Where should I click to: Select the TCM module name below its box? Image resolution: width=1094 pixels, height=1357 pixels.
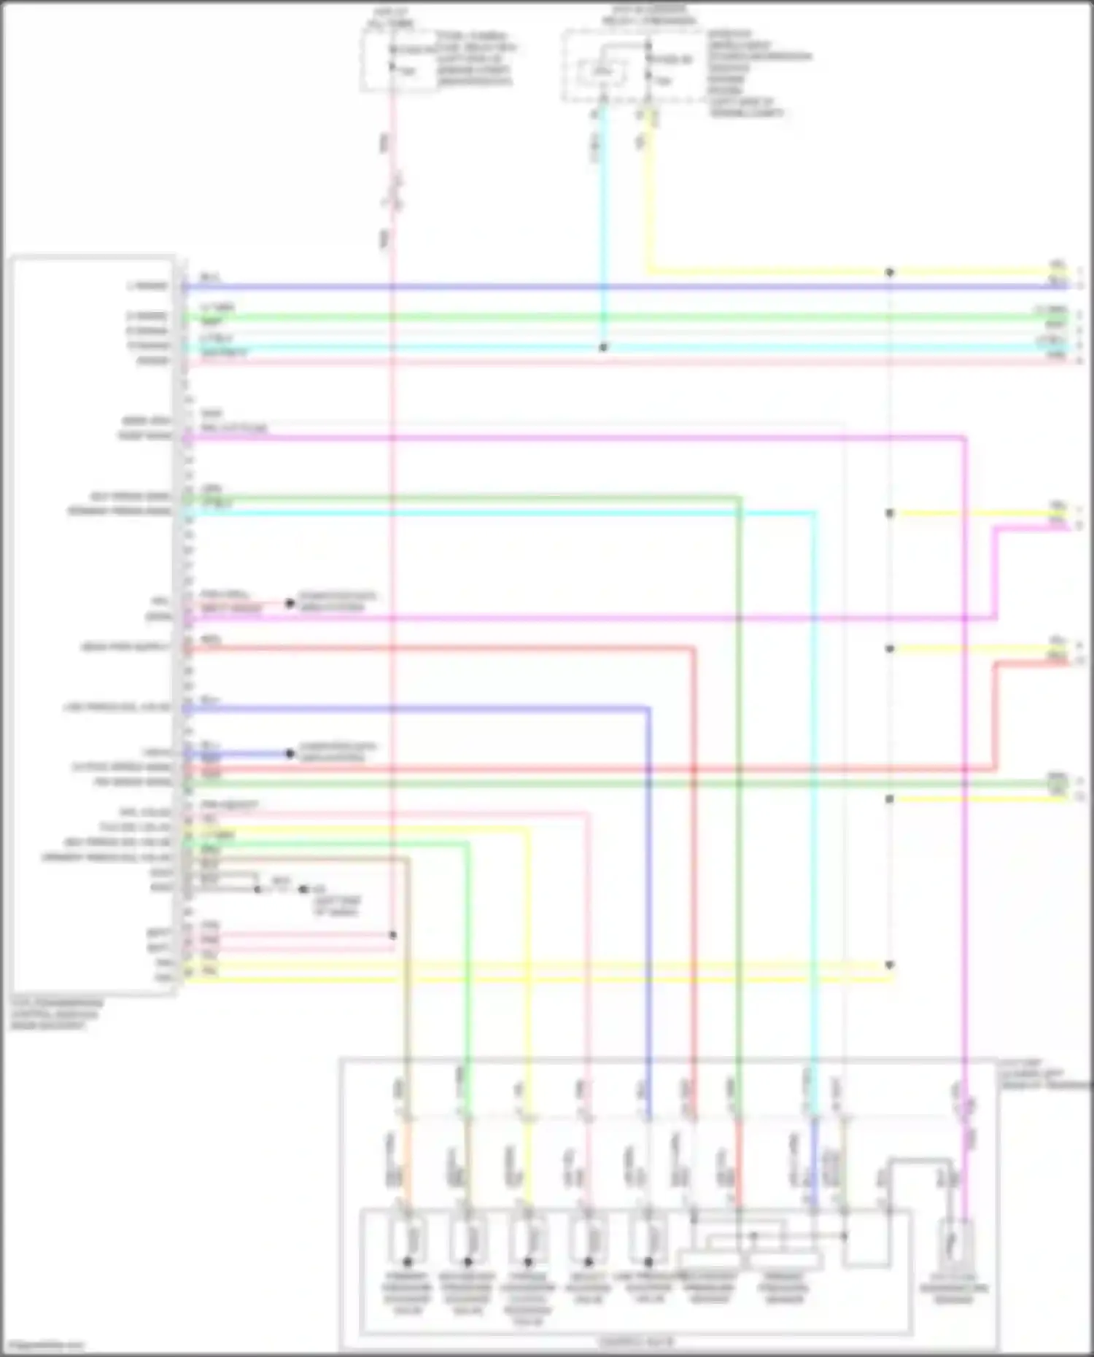(57, 1014)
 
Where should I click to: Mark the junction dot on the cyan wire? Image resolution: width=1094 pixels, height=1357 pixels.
(603, 348)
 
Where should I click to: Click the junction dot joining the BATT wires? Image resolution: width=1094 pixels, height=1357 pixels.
(393, 935)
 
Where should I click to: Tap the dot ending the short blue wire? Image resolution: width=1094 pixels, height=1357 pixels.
(290, 753)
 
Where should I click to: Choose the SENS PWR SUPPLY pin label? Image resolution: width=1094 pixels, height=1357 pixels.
(125, 648)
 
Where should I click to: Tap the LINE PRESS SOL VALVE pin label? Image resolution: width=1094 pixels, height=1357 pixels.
(117, 707)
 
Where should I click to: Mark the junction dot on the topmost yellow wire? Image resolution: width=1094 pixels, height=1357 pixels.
(890, 272)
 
